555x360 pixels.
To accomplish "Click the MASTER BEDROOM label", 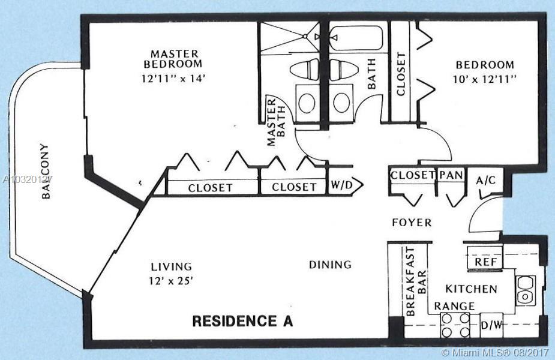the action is pos(173,59).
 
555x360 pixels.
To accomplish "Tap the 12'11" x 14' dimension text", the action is pos(173,78).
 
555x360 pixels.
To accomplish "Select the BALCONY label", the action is pos(46,171).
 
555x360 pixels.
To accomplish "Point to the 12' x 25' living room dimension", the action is pos(172,281).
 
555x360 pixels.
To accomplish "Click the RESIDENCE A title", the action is pos(242,321).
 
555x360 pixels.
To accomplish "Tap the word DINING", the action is pos(330,265).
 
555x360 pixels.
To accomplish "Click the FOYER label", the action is pos(412,223).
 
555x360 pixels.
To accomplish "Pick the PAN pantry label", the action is pos(451,175).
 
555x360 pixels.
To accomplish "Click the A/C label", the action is pos(485,181).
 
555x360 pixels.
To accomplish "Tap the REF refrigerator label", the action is pos(485,262).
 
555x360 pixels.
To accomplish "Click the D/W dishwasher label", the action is pos(492,325).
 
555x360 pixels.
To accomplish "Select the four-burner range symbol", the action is pos(455,325).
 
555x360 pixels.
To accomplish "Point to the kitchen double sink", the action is pos(525,291).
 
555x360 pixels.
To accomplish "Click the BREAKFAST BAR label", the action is pos(416,281).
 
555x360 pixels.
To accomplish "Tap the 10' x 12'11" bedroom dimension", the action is pos(485,79).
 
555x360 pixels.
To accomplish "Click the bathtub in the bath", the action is pos(356,37).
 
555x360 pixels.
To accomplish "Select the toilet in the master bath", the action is pos(304,70).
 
